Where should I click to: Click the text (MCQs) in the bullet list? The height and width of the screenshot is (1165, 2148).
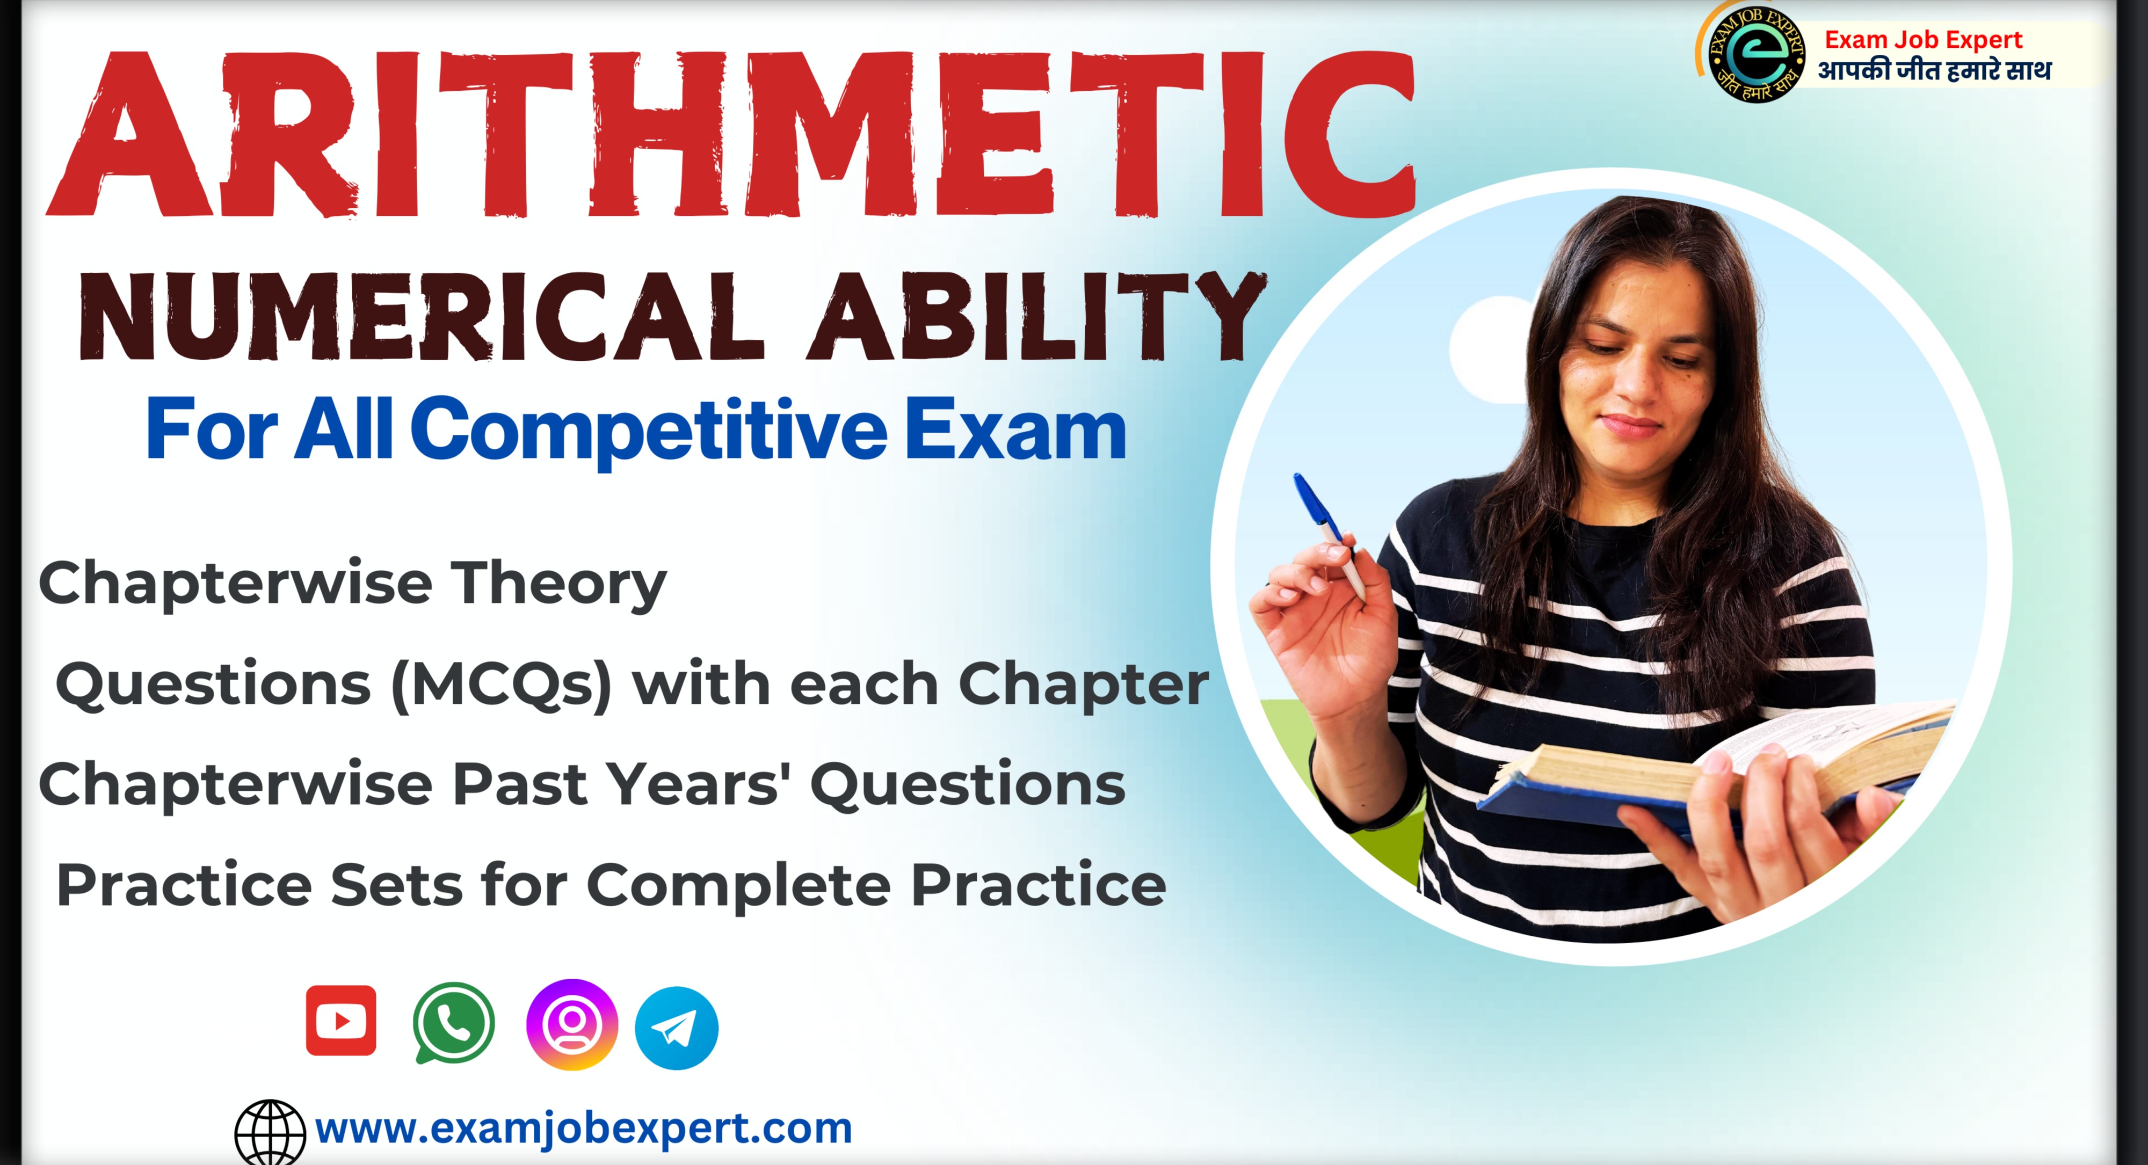coord(503,685)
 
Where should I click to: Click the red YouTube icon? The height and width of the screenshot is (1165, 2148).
coord(341,1021)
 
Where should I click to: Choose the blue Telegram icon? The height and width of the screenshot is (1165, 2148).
coord(676,1028)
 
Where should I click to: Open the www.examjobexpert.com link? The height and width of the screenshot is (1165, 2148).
coord(584,1129)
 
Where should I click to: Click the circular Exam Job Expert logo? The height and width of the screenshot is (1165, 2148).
coord(1754,53)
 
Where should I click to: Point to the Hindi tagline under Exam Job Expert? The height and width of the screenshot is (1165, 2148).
coord(1934,70)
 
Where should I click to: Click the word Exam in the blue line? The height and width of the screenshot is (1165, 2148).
coord(1015,431)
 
